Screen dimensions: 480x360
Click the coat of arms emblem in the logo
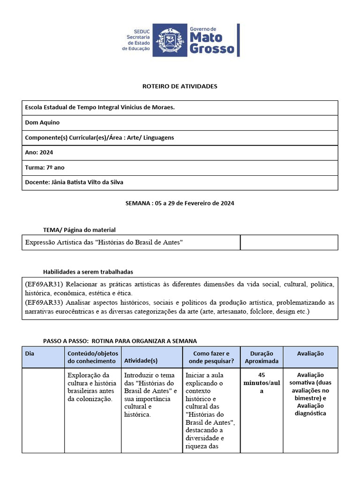pos(170,40)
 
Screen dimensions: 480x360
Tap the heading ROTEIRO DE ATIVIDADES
pos(180,86)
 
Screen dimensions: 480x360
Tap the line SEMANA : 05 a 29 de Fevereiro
pos(180,203)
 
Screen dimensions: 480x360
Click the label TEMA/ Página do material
pos(79,230)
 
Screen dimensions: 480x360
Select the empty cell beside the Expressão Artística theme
pos(289,242)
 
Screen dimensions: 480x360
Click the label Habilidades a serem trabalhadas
pos(88,272)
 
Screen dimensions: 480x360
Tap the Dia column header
pos(30,353)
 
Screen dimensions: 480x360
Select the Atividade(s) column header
pos(141,361)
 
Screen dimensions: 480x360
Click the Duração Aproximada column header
pos(262,357)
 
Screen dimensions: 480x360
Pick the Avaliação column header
pos(310,353)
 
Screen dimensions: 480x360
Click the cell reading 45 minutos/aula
pos(262,383)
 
